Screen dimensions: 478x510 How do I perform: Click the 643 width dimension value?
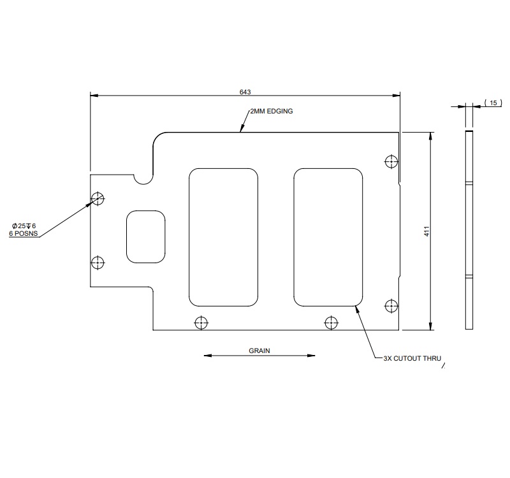[245, 92]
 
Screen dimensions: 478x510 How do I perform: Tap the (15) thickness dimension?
[493, 102]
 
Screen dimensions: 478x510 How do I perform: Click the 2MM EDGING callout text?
[271, 111]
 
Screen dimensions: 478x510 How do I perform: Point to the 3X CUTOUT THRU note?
[412, 359]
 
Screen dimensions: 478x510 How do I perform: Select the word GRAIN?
[259, 351]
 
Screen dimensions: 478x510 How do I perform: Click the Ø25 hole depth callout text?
[24, 226]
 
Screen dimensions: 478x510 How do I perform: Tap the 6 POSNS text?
[24, 234]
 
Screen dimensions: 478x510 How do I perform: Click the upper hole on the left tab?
[98, 198]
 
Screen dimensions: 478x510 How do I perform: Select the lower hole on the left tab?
[98, 262]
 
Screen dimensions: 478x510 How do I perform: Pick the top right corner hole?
[391, 161]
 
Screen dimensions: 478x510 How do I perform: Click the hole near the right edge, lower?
[391, 306]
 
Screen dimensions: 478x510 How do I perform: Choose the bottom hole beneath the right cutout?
[331, 322]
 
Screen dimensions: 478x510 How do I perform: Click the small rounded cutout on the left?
[145, 236]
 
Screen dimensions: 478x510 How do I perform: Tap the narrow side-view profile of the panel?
[469, 231]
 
